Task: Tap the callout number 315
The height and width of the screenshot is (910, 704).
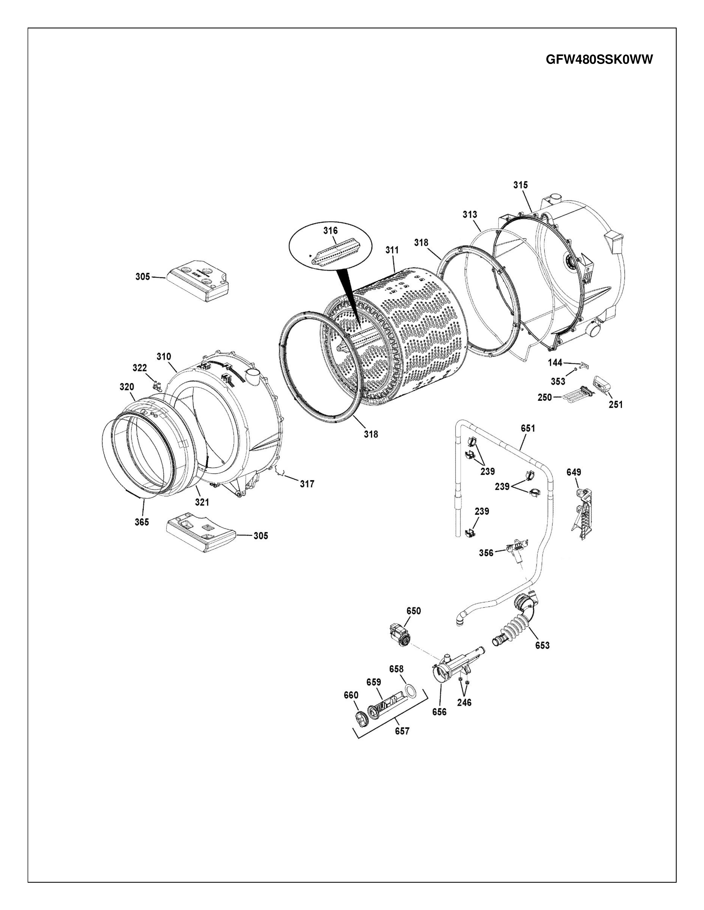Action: coord(520,185)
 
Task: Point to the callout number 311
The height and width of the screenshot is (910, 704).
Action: coord(392,250)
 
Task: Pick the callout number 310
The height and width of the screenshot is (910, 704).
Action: coord(164,357)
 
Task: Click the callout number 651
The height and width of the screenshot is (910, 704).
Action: coord(528,428)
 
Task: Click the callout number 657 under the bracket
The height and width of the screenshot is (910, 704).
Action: coord(402,731)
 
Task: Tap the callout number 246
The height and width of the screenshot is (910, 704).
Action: coord(464,703)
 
